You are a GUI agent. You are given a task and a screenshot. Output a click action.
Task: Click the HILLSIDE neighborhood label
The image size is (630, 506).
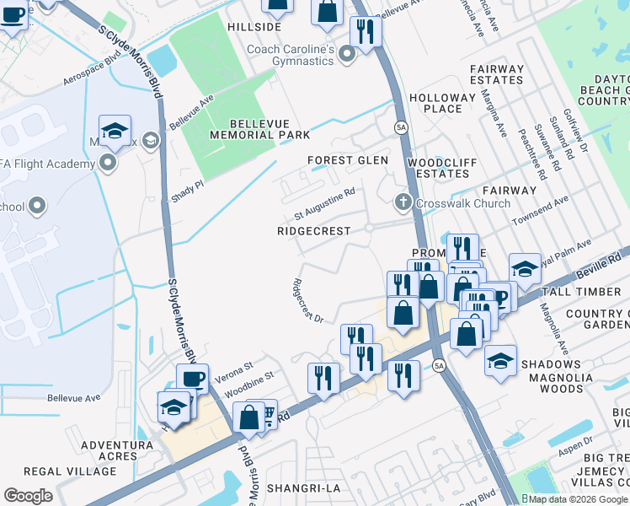coord(254,27)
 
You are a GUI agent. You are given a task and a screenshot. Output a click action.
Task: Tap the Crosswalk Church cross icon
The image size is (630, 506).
coord(403,202)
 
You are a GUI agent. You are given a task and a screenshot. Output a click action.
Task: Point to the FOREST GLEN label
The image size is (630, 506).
coord(348,160)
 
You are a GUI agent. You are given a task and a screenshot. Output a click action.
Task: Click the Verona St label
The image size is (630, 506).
coord(234,369)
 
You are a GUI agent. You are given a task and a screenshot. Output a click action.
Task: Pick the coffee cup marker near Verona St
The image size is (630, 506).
coord(192,379)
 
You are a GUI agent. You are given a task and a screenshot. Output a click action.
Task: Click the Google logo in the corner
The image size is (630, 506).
coord(28,496)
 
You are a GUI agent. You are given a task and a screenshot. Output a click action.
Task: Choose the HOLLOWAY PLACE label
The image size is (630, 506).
coord(442,103)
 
